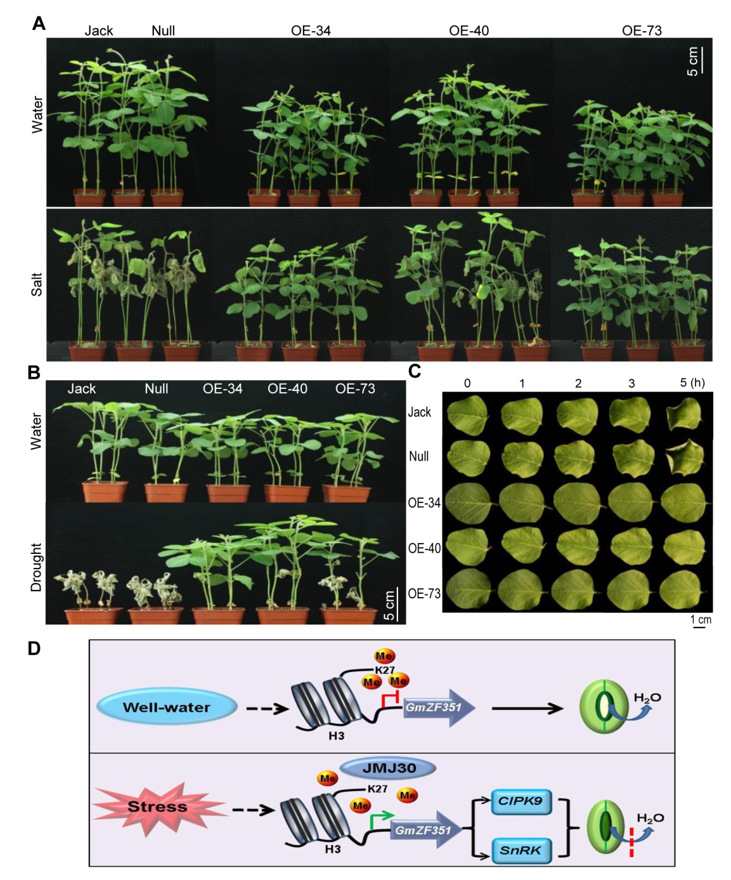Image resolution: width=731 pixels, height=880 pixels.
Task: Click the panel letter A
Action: coord(39,23)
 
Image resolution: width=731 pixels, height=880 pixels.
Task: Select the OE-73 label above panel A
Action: coord(642,30)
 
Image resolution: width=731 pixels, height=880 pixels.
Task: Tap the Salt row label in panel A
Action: coord(37,284)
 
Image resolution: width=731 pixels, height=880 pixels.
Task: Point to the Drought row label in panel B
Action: coord(36,567)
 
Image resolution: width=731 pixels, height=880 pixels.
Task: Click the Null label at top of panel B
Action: coord(156,389)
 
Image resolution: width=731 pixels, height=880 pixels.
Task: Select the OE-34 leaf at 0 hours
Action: coord(469,503)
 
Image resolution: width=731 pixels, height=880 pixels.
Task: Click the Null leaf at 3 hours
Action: coord(631,457)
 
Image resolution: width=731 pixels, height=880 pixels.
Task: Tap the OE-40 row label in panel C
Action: coord(424,548)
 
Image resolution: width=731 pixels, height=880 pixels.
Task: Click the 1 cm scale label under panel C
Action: coord(701,620)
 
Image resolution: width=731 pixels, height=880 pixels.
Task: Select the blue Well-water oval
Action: coord(166,707)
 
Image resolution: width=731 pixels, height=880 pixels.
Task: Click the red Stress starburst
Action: coord(158,808)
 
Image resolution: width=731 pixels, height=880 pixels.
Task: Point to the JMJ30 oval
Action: coord(388,768)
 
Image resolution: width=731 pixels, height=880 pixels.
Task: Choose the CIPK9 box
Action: coord(521,801)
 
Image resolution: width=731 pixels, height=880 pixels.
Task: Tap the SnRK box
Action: coord(521,850)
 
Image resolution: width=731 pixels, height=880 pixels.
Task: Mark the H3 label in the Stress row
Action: coord(332,849)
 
